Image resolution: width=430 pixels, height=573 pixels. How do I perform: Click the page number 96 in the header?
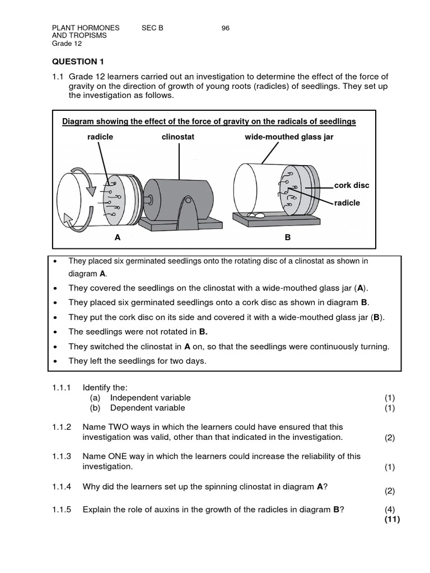coord(226,28)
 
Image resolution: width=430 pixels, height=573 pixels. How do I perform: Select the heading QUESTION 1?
coord(78,62)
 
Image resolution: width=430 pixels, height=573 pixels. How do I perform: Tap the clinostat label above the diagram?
coord(178,137)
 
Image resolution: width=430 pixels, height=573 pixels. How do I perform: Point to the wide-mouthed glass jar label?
coord(289,137)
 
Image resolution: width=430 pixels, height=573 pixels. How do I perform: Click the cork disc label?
coord(352,185)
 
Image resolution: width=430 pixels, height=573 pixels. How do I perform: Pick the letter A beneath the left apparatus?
coord(118,237)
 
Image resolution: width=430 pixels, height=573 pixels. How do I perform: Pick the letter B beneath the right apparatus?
coord(288,237)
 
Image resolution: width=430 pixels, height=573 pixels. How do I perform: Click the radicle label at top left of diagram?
coord(100,137)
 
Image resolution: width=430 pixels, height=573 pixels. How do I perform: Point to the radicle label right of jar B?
coord(347,203)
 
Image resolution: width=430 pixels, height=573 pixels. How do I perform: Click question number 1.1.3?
coord(62,457)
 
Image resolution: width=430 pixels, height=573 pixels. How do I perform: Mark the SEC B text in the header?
coord(153,28)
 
